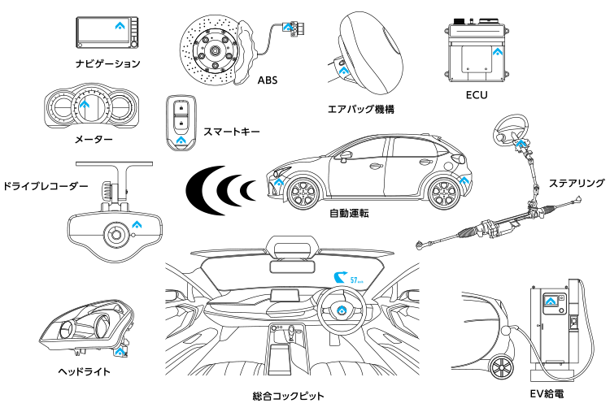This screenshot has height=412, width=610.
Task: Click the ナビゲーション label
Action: pos(107,63)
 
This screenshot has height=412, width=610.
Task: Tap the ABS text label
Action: pos(268,80)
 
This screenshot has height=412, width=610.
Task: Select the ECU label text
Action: pos(477,95)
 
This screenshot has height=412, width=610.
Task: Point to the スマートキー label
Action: pos(232,132)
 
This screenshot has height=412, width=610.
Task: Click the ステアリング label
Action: pos(577,183)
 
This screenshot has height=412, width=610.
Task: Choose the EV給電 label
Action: pos(547,394)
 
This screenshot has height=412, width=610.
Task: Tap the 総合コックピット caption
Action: pos(288,396)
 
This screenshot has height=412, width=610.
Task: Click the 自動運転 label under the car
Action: pos(349,214)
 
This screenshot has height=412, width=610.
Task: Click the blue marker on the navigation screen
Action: pos(120,26)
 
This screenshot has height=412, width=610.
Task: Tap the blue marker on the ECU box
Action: pos(498,51)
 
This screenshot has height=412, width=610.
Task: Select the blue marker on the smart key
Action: pos(181,140)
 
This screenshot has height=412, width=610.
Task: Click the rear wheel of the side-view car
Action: pos(443,193)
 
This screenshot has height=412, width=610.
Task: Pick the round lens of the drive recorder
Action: pos(115,234)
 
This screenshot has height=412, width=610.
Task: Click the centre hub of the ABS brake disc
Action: pos(214,50)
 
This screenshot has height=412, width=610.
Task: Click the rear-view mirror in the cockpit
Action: pos(292,267)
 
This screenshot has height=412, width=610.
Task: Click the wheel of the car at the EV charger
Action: pos(501,367)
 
